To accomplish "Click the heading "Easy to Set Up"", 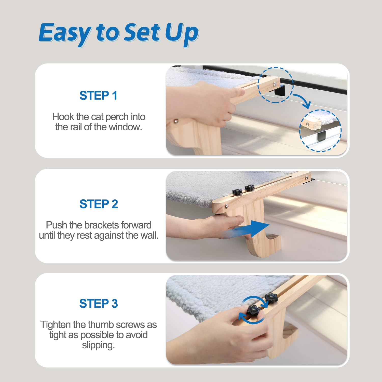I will tap(118, 33).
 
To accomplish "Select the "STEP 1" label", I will tap(98, 96).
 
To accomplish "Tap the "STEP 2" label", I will tap(99, 204).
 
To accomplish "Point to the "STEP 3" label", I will tap(98, 304).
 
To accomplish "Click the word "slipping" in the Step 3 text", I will tap(98, 345).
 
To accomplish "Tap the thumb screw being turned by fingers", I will tap(253, 310).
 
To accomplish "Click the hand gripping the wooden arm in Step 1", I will tap(209, 102).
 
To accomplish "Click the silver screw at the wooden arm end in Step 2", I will tap(226, 206).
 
